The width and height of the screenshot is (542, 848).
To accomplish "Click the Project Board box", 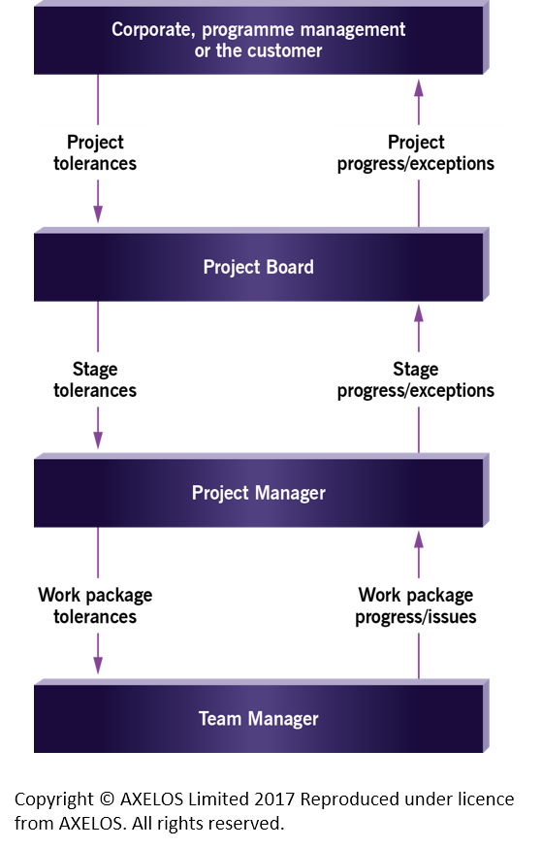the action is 261,265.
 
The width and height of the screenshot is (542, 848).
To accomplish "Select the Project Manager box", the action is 261,491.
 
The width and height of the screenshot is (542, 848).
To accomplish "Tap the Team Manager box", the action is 261,717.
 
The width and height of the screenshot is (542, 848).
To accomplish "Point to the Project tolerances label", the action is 95,153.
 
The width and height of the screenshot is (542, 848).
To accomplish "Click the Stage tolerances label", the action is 95,379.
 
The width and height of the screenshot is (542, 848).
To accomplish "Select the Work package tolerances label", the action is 95,605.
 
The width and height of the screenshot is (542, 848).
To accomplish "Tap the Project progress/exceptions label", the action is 416,153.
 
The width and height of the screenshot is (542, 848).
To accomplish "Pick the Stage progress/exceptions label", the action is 416,379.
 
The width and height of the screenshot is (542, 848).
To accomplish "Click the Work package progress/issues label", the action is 416,605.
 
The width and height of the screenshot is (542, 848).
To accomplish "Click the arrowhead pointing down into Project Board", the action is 98,214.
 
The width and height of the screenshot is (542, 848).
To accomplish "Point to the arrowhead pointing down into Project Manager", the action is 98,440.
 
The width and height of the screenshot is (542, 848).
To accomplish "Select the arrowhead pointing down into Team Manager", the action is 98,666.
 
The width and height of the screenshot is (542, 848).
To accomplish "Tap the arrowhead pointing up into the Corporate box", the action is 419,88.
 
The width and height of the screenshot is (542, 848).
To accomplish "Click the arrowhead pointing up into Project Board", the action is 419,313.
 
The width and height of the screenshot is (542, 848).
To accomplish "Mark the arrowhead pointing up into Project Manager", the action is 419,539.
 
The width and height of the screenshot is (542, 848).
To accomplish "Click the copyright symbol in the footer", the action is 107,799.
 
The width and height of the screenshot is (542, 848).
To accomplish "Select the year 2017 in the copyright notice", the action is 274,799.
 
